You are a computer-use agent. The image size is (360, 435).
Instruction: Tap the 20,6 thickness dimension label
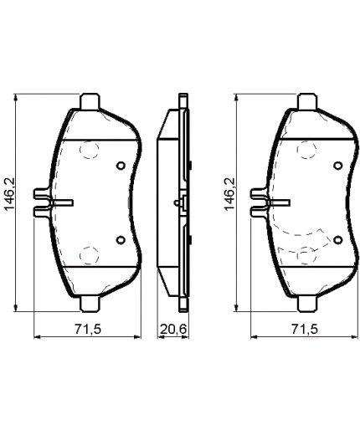pyautogui.click(x=172, y=330)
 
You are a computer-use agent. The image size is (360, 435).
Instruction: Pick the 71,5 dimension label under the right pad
pyautogui.click(x=306, y=330)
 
